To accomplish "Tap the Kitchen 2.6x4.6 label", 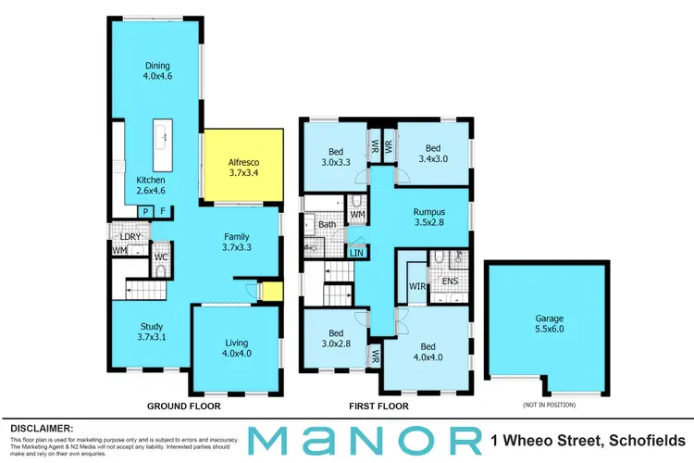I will (x=150, y=186).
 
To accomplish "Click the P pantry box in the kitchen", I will (x=144, y=212).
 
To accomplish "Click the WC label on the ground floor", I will (x=159, y=257).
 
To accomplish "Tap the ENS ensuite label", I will (x=450, y=281).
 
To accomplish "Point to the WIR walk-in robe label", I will (x=416, y=287).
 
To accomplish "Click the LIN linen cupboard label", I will (x=356, y=252).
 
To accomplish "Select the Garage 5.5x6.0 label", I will (x=546, y=323).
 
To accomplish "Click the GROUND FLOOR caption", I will (x=184, y=407).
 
